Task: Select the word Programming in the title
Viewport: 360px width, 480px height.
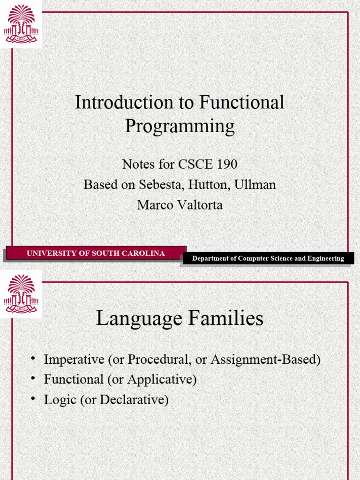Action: click(180, 126)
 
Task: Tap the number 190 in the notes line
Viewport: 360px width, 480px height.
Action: click(227, 165)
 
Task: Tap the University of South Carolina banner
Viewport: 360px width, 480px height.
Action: click(96, 254)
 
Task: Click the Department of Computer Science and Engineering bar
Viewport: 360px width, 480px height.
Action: click(268, 258)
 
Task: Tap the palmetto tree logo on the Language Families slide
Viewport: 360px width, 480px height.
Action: click(21, 294)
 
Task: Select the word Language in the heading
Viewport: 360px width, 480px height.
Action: click(138, 319)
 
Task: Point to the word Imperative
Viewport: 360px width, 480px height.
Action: click(74, 360)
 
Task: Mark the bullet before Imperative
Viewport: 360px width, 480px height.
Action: click(33, 359)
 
